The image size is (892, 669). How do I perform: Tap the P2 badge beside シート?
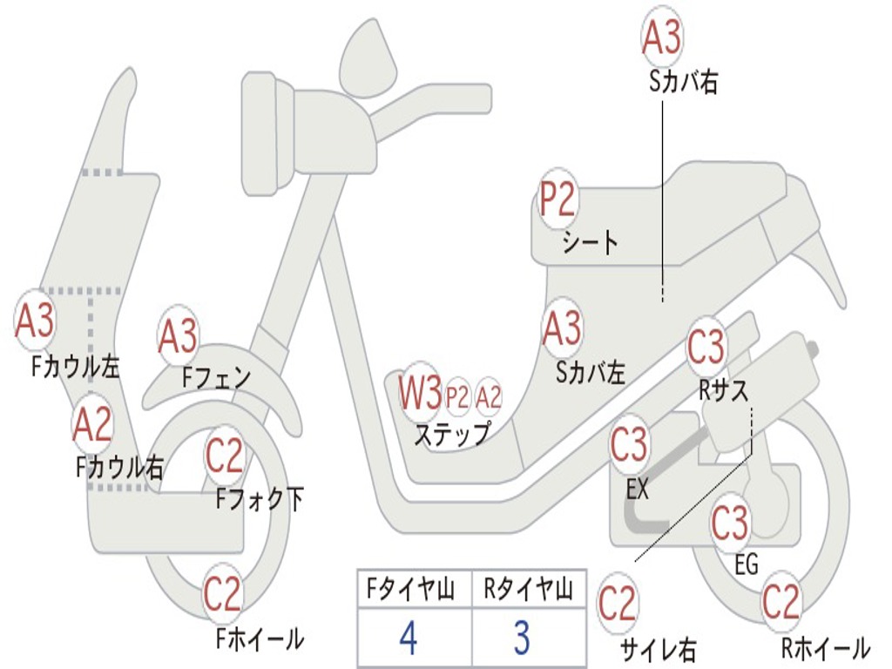(x=557, y=200)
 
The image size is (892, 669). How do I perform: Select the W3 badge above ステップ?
(x=420, y=394)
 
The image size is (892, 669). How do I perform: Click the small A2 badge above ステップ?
(x=490, y=397)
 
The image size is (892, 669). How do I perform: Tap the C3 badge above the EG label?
(x=730, y=523)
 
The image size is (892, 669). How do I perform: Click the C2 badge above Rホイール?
(x=780, y=601)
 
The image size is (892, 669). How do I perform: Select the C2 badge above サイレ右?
(x=618, y=604)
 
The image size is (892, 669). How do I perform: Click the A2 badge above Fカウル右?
(x=92, y=424)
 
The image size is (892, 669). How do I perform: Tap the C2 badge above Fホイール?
(x=223, y=594)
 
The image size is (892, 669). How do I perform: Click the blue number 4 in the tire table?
(x=408, y=639)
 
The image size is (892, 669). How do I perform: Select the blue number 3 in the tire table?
(x=522, y=639)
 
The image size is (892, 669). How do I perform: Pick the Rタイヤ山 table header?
(x=528, y=590)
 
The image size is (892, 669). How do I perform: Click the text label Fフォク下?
(x=260, y=499)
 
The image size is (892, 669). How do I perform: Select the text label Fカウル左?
(x=75, y=366)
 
